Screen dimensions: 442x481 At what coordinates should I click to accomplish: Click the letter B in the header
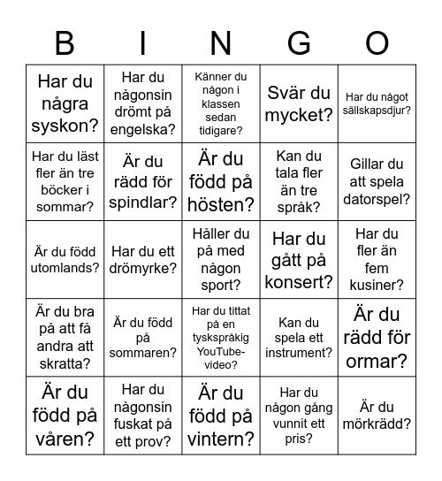65,43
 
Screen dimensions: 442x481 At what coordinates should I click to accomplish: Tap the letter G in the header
300,43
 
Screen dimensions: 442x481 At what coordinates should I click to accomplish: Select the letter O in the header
377,43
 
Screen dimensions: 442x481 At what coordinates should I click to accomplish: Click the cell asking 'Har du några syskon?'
65,103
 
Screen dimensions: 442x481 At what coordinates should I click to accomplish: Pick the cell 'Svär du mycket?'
300,103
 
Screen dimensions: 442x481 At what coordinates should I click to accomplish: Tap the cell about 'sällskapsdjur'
377,103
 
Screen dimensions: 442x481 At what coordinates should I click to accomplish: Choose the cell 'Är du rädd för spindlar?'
143,181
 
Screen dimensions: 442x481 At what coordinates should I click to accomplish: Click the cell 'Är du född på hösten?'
221,181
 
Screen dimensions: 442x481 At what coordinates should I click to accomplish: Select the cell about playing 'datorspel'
377,181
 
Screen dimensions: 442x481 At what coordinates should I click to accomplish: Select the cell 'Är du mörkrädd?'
377,416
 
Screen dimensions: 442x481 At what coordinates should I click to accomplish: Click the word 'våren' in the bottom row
65,439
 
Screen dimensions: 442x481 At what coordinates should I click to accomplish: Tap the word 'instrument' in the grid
300,353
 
